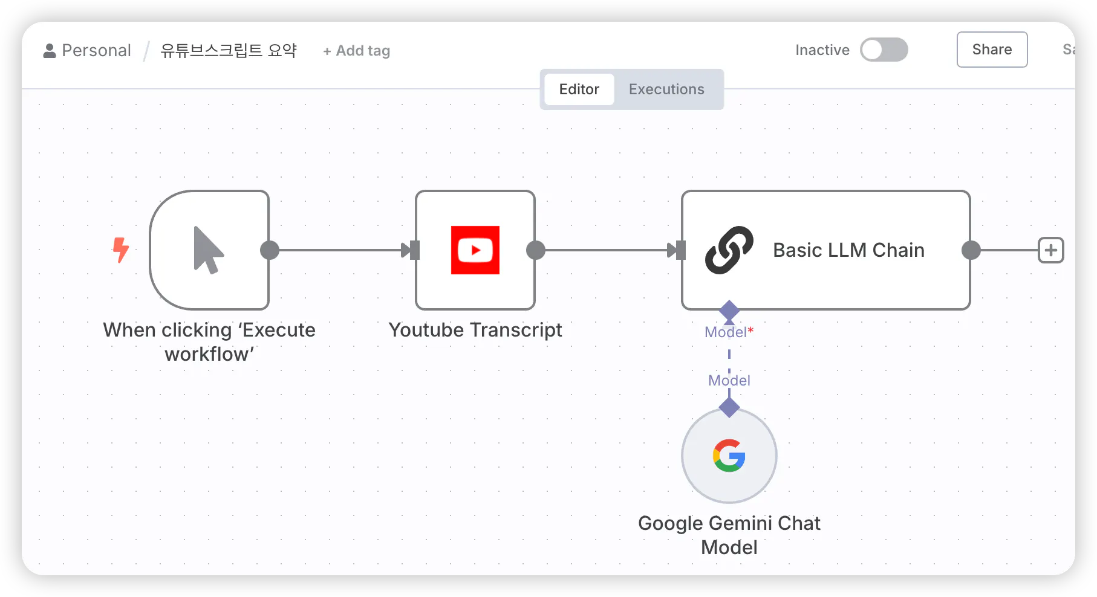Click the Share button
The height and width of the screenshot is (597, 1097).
click(992, 50)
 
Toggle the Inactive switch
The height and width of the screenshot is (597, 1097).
click(884, 50)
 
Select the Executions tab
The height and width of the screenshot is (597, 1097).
click(666, 89)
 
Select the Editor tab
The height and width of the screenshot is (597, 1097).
click(579, 89)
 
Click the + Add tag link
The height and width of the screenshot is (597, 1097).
click(357, 51)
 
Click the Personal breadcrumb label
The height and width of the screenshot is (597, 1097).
click(96, 50)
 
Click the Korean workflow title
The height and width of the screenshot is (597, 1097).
click(229, 50)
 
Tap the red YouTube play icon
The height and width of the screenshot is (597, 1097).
click(475, 250)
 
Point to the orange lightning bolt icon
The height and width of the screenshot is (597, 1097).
click(121, 250)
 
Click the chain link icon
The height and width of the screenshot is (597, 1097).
click(729, 250)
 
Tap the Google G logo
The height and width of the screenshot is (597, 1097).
click(729, 456)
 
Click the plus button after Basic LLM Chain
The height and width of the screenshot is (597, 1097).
click(1051, 250)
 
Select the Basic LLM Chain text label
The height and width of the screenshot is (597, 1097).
click(848, 250)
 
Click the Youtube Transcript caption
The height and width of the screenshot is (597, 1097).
click(475, 330)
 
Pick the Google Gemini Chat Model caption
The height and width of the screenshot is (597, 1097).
click(729, 535)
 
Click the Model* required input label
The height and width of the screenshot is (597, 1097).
click(729, 332)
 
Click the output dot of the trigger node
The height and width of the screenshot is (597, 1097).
click(270, 250)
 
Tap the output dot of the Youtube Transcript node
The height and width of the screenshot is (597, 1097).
click(536, 250)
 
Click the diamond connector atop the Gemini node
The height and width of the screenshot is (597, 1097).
click(729, 407)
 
